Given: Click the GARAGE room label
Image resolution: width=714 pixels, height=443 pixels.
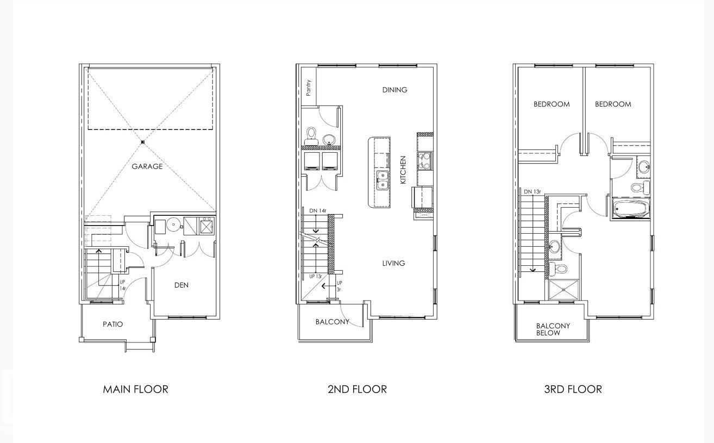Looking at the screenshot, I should coord(147,166).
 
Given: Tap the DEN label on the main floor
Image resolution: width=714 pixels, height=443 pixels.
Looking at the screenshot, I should coord(181,285).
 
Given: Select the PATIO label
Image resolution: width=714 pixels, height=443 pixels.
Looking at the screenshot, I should coord(112,324).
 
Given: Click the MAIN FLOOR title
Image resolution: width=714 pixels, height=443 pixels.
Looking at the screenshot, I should coord(135,389).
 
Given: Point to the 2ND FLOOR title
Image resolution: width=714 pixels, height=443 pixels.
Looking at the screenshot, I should coord(357,389).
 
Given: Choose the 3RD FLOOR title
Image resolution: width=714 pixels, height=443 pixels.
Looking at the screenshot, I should coord(573,389).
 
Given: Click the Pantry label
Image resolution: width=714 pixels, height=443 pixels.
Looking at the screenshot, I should coord(309,88).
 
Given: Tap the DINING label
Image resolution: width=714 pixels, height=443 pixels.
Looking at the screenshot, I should coord(394,90).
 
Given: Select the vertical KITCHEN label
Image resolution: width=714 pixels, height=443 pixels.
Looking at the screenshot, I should coord(403,170).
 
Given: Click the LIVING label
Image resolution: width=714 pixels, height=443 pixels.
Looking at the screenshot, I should coord(393,263).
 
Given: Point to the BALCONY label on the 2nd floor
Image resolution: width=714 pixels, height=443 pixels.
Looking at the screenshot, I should coord(332,322).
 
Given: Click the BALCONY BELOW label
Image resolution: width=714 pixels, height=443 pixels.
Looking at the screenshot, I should coord(553,329).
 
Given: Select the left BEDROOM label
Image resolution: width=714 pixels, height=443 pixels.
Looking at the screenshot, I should coord(552,104).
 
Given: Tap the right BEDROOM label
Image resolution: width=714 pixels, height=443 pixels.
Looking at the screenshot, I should coord(613,104).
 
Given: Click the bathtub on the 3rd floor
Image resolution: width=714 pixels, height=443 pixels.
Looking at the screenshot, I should coord(631,209).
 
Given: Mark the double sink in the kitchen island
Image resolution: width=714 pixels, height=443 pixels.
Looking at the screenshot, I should coord(383,180).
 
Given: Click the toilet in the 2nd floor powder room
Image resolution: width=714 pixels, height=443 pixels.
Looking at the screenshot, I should coord(312,134).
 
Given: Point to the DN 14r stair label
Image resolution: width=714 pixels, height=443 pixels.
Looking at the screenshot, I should coord(318,210).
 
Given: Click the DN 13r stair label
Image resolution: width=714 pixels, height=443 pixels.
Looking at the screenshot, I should coord(532,191).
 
